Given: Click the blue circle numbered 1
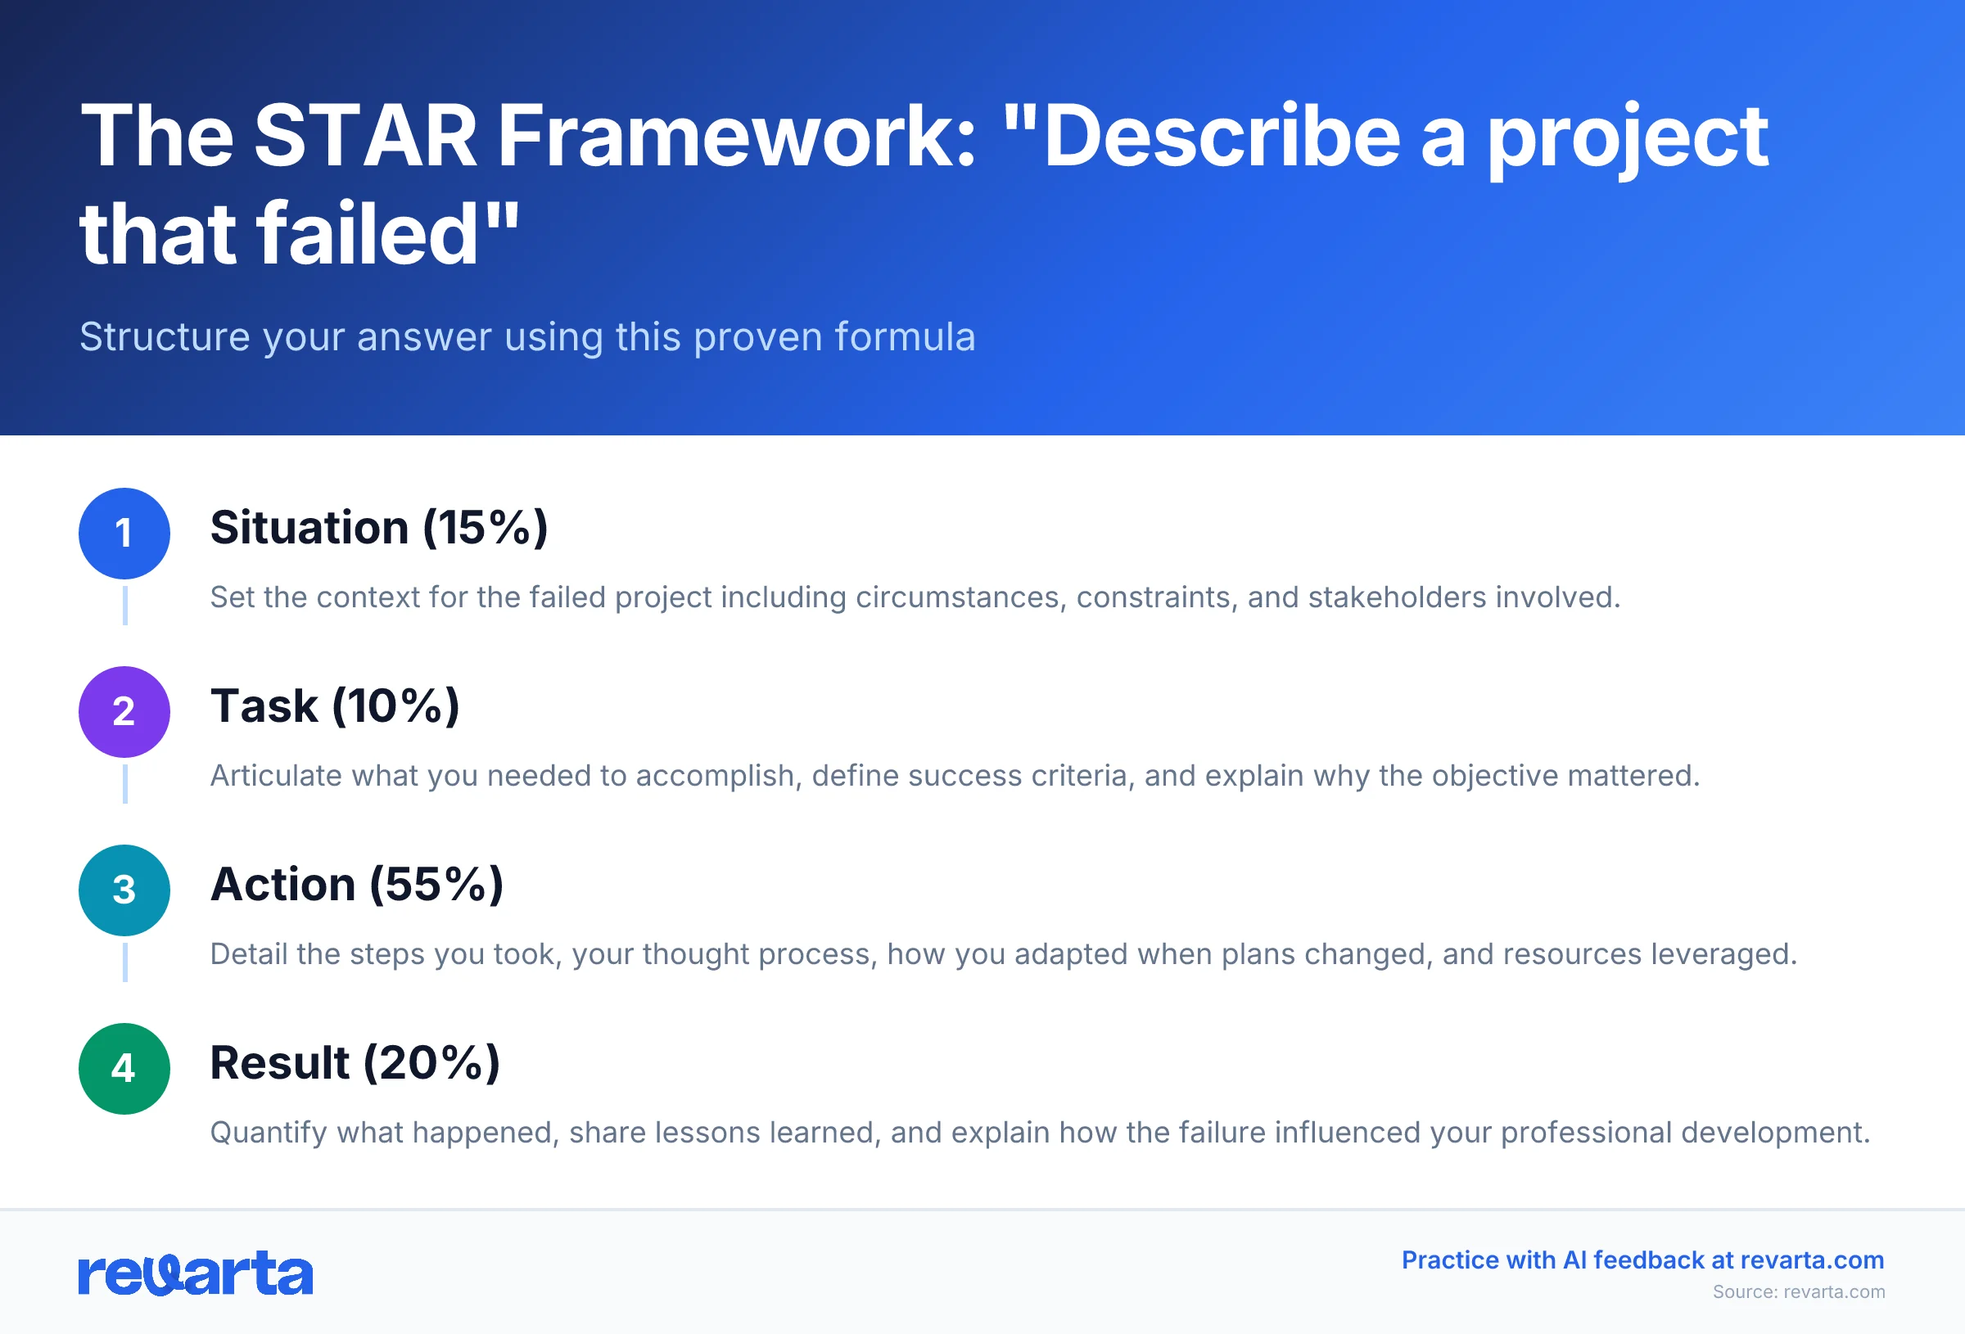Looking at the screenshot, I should pyautogui.click(x=124, y=534).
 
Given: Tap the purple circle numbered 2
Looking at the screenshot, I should pyautogui.click(x=124, y=712).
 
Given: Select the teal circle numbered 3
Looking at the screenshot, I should pyautogui.click(x=124, y=890).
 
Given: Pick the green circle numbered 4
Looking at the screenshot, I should pyautogui.click(x=124, y=1069).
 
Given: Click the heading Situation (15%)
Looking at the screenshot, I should pyautogui.click(x=379, y=529).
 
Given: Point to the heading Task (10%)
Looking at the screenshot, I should pyautogui.click(x=335, y=707).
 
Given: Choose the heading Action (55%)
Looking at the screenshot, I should pyautogui.click(x=357, y=886).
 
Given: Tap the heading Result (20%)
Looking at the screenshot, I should pyautogui.click(x=355, y=1063).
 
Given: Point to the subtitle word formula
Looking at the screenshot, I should pyautogui.click(x=905, y=337).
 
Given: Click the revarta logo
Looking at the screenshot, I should pyautogui.click(x=196, y=1274).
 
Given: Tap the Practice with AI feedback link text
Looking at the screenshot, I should pyautogui.click(x=1642, y=1260).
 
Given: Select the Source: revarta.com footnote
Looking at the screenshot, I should pyautogui.click(x=1799, y=1291).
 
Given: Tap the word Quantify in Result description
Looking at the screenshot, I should pyautogui.click(x=268, y=1133).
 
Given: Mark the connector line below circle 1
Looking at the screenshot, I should pyautogui.click(x=125, y=606).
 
